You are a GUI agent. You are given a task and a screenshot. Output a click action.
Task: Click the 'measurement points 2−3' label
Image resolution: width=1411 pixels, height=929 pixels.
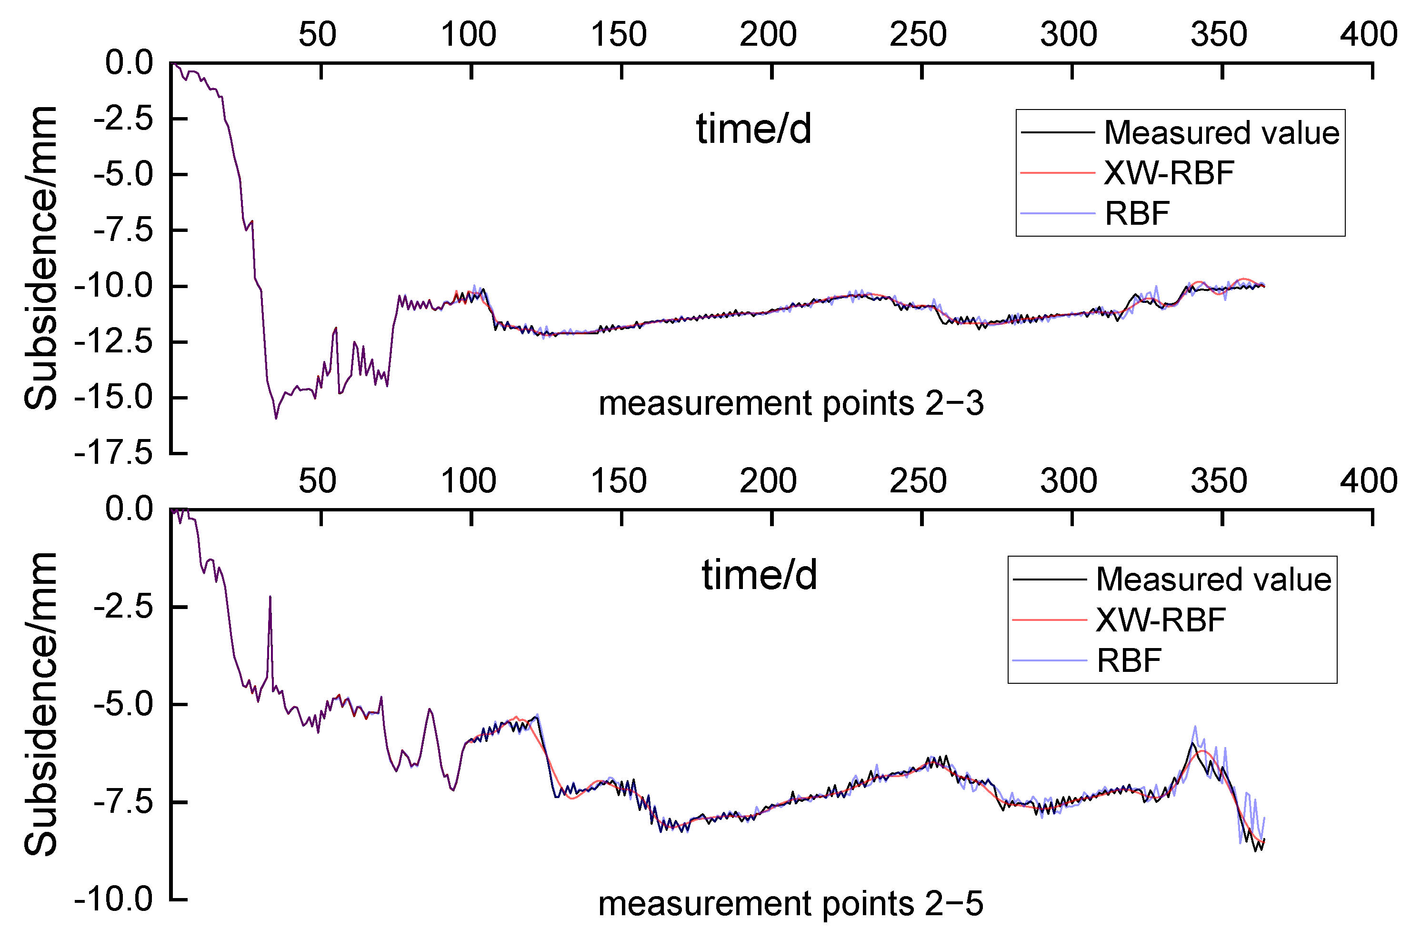791,404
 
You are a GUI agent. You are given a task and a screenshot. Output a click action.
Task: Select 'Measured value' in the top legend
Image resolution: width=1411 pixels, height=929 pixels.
1221,132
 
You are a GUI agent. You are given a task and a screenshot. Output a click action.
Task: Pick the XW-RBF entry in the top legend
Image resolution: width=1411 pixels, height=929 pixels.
1169,173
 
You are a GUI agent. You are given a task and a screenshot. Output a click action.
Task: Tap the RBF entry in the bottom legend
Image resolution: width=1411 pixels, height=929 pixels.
1128,660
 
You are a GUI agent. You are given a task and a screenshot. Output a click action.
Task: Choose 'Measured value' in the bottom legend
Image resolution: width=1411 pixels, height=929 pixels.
1213,579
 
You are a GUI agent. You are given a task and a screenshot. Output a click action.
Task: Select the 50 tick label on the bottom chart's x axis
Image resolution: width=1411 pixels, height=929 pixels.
317,481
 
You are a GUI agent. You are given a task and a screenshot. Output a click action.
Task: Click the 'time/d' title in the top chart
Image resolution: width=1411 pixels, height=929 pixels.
753,129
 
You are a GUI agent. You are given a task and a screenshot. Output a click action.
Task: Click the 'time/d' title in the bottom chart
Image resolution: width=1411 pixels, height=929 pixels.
760,575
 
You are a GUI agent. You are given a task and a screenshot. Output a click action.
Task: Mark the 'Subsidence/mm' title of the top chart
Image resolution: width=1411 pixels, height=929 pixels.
40,258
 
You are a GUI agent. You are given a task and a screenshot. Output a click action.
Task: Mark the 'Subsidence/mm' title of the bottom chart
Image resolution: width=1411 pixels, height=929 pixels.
40,704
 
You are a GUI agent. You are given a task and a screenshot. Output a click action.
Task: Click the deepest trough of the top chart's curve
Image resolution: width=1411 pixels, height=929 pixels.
276,418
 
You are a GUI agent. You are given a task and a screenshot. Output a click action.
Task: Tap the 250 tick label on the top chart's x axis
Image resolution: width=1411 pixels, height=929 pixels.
918,34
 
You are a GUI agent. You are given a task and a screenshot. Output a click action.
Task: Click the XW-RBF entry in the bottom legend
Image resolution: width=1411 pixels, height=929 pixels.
1160,620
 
